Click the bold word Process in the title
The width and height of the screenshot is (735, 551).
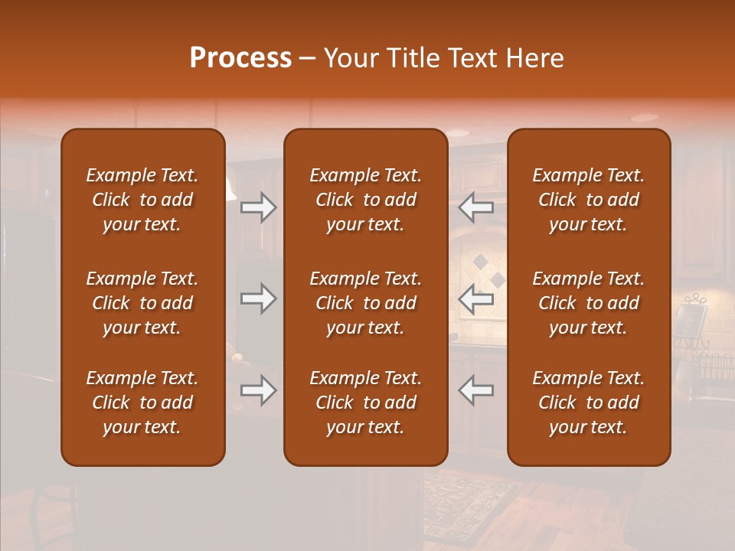tap(240, 58)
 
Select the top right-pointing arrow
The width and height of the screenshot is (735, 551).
tap(258, 207)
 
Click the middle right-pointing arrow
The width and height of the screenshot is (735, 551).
tap(258, 298)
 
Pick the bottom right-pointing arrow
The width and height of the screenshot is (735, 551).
tap(258, 390)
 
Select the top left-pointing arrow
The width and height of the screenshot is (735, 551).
tap(476, 207)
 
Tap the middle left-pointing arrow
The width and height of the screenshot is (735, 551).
tap(476, 298)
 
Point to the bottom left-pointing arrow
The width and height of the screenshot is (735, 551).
tap(476, 390)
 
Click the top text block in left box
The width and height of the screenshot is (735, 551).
tap(142, 200)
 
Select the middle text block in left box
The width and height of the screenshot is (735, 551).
tap(142, 303)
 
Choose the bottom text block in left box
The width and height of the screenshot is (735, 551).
tap(142, 403)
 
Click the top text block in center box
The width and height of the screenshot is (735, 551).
tap(365, 200)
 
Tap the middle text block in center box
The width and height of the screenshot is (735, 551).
tap(365, 303)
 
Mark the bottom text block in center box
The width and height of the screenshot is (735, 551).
tap(365, 403)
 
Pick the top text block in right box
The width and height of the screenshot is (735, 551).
tap(589, 200)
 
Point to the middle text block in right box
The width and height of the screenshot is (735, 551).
tap(589, 303)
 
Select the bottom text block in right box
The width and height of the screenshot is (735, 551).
tap(589, 403)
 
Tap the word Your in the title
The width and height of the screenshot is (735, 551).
tap(349, 58)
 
